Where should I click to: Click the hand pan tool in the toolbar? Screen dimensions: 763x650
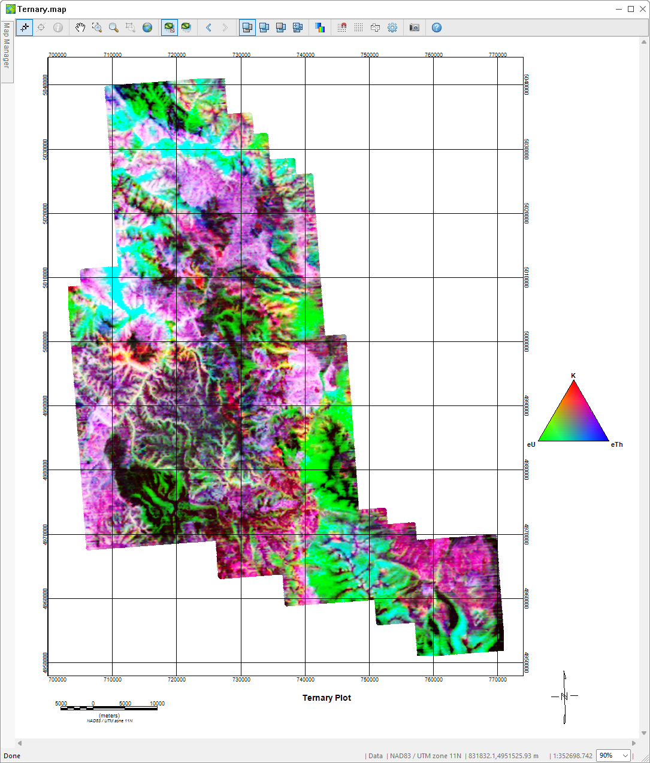(80, 28)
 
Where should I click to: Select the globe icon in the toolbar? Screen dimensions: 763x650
(147, 28)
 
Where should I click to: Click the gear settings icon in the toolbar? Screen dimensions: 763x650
(392, 28)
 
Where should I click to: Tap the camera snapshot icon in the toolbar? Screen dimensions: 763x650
(414, 28)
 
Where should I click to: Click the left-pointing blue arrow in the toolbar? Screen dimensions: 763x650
(208, 28)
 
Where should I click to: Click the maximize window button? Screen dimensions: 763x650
(631, 9)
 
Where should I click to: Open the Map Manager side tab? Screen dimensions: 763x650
(7, 46)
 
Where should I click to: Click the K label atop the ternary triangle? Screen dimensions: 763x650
(573, 376)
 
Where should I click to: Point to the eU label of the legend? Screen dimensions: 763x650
(531, 444)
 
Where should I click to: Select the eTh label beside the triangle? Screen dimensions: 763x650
(616, 444)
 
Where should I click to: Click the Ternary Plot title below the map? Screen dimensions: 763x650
(326, 698)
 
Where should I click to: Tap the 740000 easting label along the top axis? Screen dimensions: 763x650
(306, 54)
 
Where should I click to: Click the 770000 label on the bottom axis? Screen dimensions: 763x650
(498, 680)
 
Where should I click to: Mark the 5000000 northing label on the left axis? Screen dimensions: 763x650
(46, 341)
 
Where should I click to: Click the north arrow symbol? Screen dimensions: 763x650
(564, 697)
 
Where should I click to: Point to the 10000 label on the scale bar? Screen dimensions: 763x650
(157, 704)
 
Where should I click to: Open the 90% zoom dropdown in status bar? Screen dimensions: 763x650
(613, 756)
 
